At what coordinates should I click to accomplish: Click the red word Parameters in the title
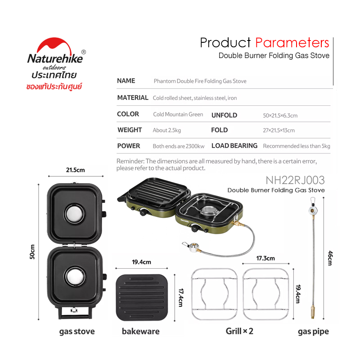tap(292, 43)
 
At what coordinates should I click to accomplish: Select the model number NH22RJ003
tap(295, 180)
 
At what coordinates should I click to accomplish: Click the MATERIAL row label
tap(133, 98)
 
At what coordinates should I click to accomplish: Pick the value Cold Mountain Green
tap(178, 114)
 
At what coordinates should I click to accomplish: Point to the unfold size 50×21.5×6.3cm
tap(280, 116)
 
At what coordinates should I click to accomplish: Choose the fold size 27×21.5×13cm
tap(279, 130)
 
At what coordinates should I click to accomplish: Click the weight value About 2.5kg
tap(166, 130)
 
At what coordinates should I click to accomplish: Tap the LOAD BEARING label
tap(234, 146)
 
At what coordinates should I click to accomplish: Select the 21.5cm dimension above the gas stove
tap(75, 170)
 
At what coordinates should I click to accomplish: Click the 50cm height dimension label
tap(32, 252)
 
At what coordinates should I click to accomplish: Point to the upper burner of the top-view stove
tap(75, 213)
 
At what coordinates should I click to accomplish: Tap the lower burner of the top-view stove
tap(75, 277)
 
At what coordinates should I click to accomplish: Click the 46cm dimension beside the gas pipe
tap(330, 258)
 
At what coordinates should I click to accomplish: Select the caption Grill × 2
tap(239, 331)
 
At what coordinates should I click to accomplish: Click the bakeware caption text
tap(140, 331)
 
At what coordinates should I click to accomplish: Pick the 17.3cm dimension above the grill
tap(265, 258)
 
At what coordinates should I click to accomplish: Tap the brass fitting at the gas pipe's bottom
tap(313, 312)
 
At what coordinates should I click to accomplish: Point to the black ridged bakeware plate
tap(142, 297)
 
